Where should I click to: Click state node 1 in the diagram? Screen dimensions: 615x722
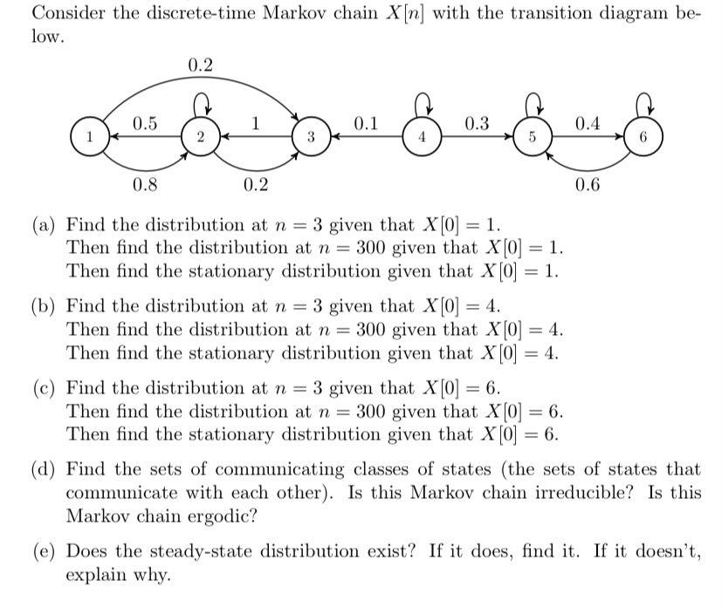[88, 138]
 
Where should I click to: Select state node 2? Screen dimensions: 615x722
[200, 138]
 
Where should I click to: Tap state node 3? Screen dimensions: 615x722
[311, 138]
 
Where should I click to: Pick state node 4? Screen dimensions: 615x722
[423, 138]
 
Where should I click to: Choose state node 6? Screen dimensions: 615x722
[644, 138]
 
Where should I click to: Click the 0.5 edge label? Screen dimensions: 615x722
[145, 123]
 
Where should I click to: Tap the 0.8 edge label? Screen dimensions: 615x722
[145, 184]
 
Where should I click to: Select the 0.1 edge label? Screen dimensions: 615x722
[367, 123]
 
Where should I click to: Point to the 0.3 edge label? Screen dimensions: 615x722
[478, 123]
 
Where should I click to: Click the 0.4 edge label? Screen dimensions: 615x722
[588, 123]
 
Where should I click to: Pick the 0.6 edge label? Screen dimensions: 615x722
[588, 184]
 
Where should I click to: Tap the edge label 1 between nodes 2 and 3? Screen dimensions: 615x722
[256, 123]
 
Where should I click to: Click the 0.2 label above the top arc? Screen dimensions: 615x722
[200, 65]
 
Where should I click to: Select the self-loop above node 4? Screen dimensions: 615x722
[423, 106]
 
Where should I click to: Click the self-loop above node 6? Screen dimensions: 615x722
[644, 106]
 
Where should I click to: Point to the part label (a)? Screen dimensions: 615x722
[45, 224]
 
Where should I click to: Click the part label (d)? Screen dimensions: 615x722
[45, 469]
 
